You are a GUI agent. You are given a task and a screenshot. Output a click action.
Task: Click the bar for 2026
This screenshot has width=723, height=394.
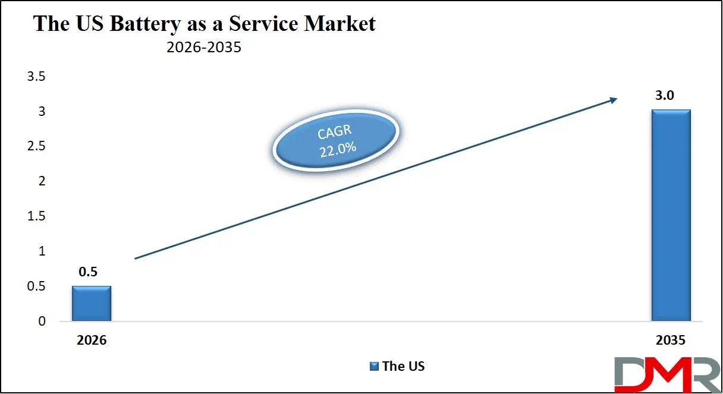92,304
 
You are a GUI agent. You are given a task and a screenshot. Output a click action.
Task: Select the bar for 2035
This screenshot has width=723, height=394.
671,215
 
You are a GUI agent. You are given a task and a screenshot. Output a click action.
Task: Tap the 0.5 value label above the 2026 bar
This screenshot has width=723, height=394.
87,272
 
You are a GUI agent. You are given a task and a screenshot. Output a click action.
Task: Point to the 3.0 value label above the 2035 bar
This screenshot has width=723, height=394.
664,96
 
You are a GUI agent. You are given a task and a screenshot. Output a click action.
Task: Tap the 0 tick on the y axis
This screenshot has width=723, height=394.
41,321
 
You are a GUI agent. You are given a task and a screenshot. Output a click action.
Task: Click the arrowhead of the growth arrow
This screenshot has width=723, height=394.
613,101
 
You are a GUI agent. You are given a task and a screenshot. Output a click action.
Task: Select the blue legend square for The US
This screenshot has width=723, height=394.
374,366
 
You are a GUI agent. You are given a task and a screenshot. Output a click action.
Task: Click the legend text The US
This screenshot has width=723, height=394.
404,366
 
